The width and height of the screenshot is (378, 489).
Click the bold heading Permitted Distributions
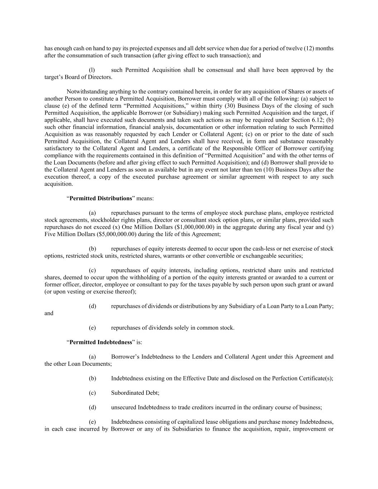click(101, 198)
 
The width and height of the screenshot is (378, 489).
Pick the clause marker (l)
click(92, 70)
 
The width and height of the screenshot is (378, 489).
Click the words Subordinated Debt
click(135, 393)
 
